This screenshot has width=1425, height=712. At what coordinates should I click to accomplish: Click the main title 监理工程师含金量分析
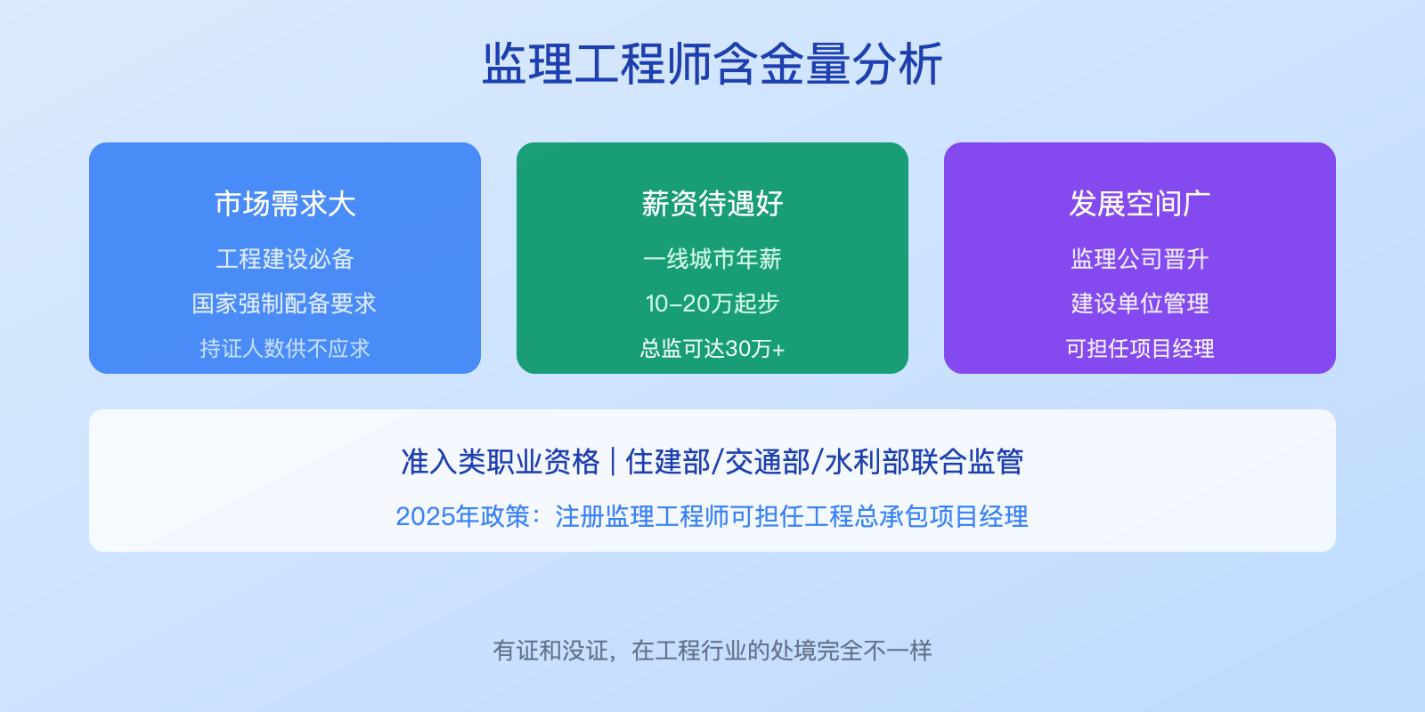[x=712, y=64]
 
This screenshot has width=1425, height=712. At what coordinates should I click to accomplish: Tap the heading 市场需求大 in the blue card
[x=285, y=204]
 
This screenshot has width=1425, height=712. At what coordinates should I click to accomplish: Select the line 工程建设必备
[x=285, y=259]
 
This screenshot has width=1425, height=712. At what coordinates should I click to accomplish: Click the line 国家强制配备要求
[x=285, y=303]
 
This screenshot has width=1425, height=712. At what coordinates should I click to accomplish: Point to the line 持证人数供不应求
[x=285, y=348]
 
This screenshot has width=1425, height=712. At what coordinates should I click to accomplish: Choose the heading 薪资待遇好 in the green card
[x=712, y=204]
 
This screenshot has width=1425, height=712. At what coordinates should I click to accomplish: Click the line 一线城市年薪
[x=712, y=259]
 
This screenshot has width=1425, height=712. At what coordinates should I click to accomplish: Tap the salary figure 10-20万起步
[x=712, y=303]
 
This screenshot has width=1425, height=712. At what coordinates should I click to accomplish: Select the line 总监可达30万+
[x=712, y=348]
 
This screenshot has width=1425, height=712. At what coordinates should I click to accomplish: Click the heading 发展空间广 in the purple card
[x=1140, y=204]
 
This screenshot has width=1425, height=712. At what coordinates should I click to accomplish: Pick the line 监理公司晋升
[x=1140, y=259]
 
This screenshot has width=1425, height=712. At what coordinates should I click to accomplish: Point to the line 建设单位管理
[x=1140, y=303]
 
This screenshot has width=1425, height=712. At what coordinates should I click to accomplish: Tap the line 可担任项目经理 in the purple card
[x=1140, y=348]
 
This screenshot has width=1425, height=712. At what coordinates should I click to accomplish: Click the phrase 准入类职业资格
[x=501, y=462]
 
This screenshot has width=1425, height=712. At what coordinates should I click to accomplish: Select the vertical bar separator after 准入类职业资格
[x=613, y=462]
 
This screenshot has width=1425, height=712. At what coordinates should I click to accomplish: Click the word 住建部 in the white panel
[x=668, y=462]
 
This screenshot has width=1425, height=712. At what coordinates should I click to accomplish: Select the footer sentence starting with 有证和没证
[x=712, y=651]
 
